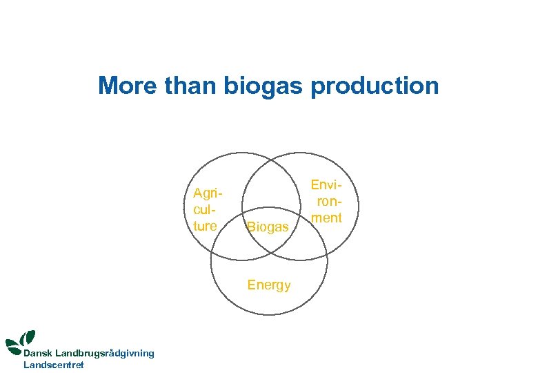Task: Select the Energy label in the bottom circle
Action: (269, 285)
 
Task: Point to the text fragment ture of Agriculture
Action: (205, 226)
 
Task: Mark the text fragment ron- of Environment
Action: (329, 202)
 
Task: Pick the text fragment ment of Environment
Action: (326, 219)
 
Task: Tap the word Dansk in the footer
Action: (39, 353)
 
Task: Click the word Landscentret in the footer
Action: (54, 365)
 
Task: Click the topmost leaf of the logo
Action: (29, 337)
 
